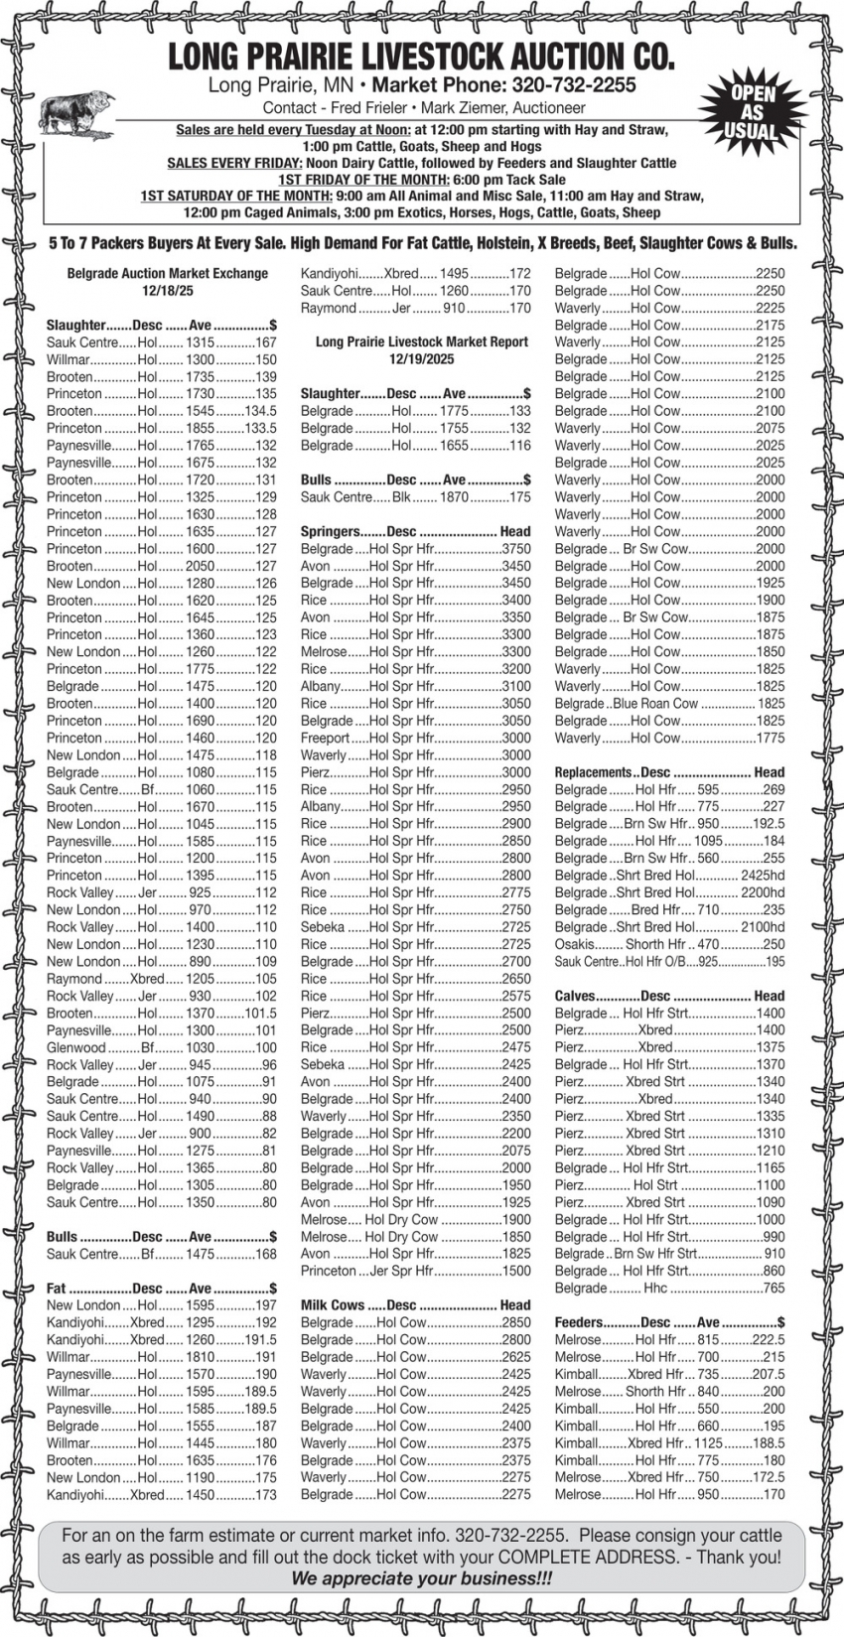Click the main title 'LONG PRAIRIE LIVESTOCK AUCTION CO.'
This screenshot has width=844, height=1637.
coord(421,57)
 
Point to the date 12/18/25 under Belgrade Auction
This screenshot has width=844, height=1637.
coord(167,291)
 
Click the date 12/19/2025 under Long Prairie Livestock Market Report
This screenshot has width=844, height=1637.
coord(421,359)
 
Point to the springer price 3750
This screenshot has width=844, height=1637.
coord(515,549)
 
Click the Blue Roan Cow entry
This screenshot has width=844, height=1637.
coord(669,704)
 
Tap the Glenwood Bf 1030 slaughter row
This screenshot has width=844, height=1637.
coord(161,1047)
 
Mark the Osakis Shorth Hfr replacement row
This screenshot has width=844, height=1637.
coord(669,944)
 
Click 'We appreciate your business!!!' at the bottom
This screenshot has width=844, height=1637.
coord(421,1578)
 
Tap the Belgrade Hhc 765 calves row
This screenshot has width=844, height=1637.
coord(669,1288)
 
